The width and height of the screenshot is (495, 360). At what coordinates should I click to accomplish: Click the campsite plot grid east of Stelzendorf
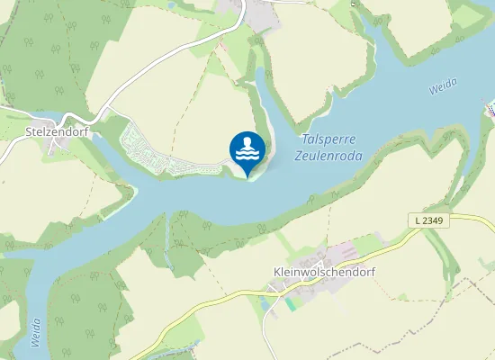coord(148,148)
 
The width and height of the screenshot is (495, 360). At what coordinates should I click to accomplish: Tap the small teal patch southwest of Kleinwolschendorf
coord(290,303)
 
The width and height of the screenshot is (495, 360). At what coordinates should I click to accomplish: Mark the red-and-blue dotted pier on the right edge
coord(490,110)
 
